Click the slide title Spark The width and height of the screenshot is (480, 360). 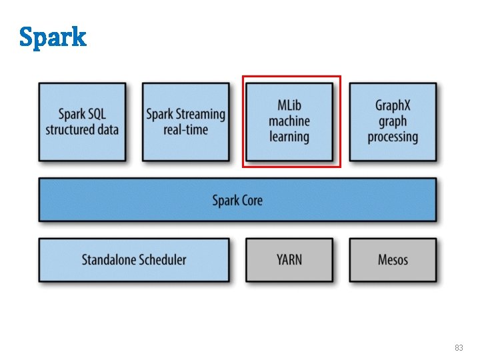tap(53, 37)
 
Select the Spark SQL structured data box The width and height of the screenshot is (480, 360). tap(82, 121)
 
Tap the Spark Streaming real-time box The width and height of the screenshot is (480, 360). tap(185, 121)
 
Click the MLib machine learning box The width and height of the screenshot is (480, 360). tap(289, 121)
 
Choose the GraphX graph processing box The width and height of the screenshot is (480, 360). tap(393, 121)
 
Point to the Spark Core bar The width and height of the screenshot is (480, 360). tap(237, 200)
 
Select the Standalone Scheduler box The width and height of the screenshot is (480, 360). tap(134, 260)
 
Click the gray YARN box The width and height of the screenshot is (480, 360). tap(289, 260)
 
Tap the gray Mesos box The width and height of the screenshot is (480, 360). tap(393, 260)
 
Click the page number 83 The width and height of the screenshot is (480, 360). tap(459, 348)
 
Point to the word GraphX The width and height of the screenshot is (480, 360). tap(393, 105)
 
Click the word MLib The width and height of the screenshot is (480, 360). tap(289, 105)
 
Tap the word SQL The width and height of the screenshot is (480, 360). tap(95, 114)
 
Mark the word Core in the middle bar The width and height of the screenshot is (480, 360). tap(251, 200)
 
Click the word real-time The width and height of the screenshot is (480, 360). tap(185, 129)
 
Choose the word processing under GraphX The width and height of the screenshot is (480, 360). tap(393, 137)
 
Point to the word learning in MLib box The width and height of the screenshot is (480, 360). tap(289, 137)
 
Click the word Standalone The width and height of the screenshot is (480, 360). tap(107, 260)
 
